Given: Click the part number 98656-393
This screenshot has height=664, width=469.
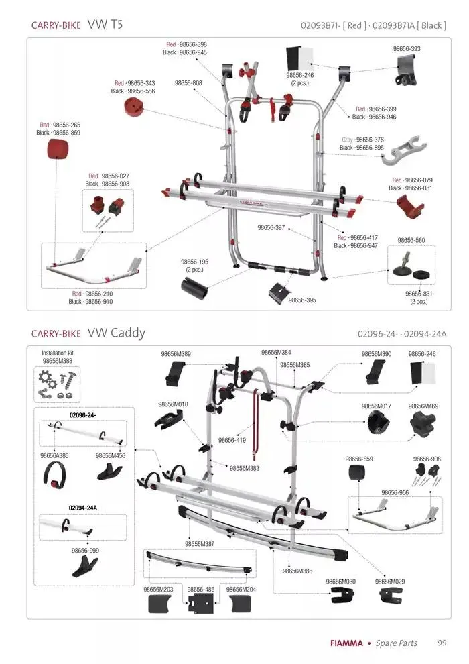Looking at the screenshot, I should tap(406, 49).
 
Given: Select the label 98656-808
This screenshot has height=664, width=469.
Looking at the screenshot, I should tap(188, 83).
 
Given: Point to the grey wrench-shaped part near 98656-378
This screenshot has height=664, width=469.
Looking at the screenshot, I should tap(399, 154).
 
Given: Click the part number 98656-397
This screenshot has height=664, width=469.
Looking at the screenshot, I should tap(271, 228).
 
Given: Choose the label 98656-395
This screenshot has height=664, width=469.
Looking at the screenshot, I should tap(302, 300).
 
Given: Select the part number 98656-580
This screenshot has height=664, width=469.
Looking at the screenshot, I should tap(411, 240).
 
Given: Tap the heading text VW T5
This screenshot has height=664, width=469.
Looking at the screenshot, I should tap(105, 25).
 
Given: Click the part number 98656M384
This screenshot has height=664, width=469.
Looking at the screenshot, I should tap(276, 353).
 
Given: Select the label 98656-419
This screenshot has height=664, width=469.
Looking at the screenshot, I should tap(232, 441).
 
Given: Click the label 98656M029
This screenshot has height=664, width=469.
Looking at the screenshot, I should tap(390, 582).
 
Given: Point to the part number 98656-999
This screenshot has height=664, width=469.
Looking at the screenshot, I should tap(85, 550).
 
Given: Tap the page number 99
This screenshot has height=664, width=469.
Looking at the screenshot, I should tap(442, 643).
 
